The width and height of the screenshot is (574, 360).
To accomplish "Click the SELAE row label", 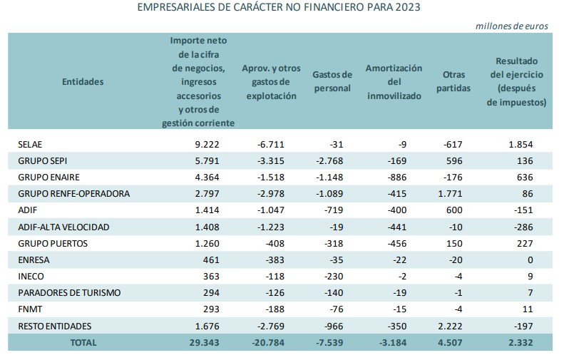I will [30, 144].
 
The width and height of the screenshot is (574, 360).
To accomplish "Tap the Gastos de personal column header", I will [332, 81].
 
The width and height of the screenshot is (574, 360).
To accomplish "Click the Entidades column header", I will [83, 81].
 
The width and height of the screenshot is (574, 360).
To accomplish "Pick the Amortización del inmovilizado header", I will [394, 81].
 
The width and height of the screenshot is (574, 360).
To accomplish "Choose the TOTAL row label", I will [83, 342].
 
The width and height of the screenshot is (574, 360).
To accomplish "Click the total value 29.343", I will [206, 342].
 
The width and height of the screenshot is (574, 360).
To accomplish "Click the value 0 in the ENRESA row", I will [531, 260].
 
